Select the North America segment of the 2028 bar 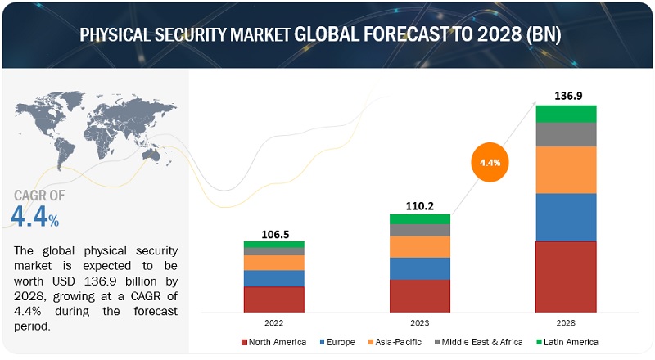[x=566, y=277]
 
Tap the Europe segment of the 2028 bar [x=566, y=217]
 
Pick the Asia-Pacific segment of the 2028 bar [x=566, y=169]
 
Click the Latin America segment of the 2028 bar [x=566, y=114]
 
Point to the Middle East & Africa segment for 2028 [x=566, y=134]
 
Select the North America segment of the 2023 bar [x=419, y=295]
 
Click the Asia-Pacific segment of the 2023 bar [x=419, y=246]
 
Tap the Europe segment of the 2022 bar [x=273, y=278]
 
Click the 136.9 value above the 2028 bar [x=566, y=96]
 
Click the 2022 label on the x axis [x=273, y=322]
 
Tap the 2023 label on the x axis [x=419, y=322]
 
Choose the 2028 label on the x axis [x=566, y=322]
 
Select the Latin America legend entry [x=566, y=341]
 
